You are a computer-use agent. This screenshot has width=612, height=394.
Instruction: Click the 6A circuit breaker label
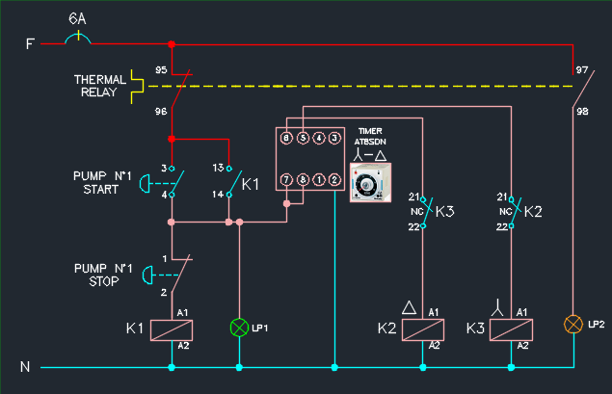[78, 19]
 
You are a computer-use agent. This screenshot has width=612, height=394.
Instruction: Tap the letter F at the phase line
[30, 43]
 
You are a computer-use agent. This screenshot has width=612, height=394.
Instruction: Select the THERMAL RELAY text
[100, 86]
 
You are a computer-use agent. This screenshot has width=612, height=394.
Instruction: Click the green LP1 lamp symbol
[239, 328]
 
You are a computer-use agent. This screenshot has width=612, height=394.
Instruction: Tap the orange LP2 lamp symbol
[574, 324]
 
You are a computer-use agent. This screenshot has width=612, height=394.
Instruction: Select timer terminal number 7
[286, 180]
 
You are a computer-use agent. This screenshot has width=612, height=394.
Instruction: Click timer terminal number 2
[333, 180]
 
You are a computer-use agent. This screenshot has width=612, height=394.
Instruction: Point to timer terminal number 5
[303, 139]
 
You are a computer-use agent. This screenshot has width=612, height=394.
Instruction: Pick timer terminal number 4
[318, 139]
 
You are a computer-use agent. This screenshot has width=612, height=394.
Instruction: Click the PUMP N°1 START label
[95, 182]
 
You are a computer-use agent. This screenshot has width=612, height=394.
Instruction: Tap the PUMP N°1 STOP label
[95, 275]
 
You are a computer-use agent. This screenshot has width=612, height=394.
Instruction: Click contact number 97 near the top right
[581, 70]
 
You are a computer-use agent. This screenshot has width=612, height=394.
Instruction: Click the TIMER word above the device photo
[370, 131]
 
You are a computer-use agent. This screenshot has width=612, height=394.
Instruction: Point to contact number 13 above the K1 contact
[217, 168]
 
